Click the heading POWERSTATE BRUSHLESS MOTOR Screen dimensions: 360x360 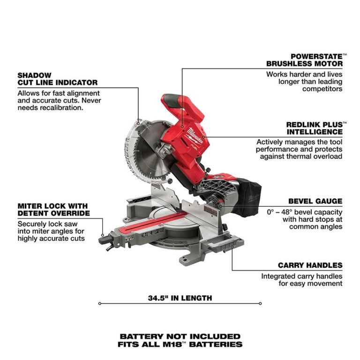[x=304, y=60]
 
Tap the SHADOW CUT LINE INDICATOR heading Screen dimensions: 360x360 [x=58, y=78]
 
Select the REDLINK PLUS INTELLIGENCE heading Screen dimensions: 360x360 [x=314, y=128]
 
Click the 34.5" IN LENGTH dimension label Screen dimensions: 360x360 [x=180, y=298]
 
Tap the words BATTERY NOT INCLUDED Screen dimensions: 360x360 [x=180, y=336]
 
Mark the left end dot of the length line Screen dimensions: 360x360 [x=99, y=303]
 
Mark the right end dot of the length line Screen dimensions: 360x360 [x=260, y=303]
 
